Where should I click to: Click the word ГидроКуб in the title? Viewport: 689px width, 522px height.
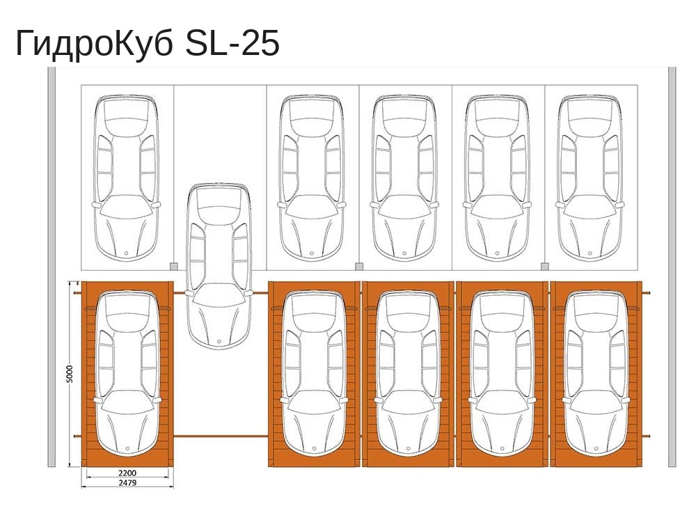[x=94, y=43]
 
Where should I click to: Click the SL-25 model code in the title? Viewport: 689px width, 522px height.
[x=232, y=43]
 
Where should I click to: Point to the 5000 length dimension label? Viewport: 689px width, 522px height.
[x=70, y=374]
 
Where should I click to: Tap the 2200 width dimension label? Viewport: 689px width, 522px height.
[x=127, y=473]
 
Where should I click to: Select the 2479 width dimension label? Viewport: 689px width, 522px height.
[x=127, y=482]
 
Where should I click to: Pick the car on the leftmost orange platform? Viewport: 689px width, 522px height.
[x=127, y=372]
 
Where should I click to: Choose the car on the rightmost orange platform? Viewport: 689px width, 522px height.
[x=596, y=372]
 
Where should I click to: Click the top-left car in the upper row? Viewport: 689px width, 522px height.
[x=127, y=177]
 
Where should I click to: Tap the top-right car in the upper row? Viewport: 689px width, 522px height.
[x=589, y=177]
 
